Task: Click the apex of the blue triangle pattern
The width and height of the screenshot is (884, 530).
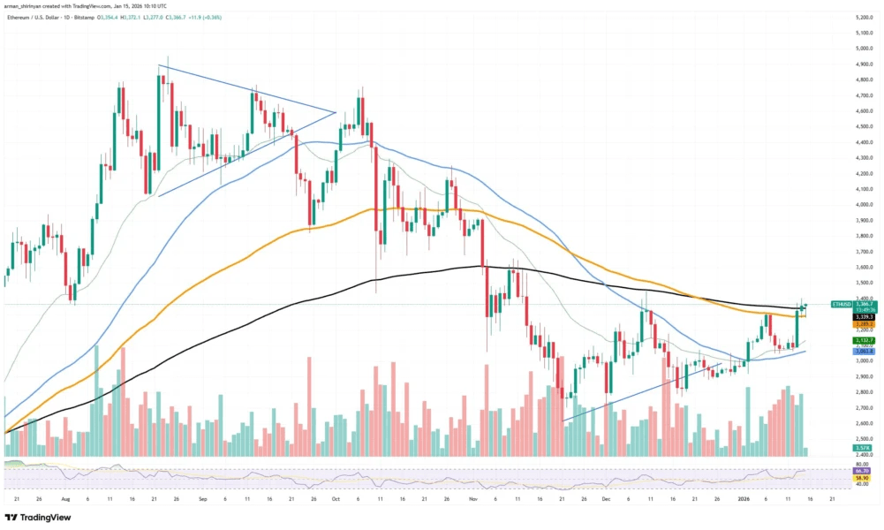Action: [x=336, y=111]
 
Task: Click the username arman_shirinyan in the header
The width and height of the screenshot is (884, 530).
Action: [x=33, y=5]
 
